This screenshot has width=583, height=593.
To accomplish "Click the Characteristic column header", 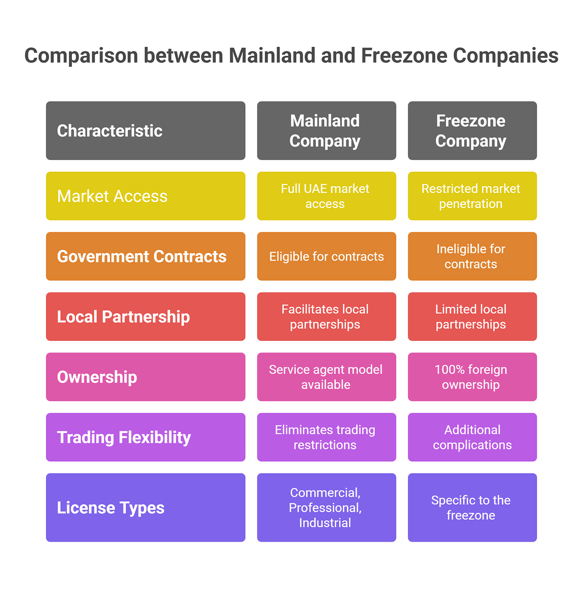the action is [x=146, y=131].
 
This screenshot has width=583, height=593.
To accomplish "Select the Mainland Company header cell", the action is [x=326, y=131].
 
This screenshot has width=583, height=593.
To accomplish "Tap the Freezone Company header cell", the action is [x=472, y=131].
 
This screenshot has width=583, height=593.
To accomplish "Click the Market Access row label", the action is [x=146, y=196].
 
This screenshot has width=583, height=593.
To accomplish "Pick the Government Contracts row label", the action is [x=146, y=256].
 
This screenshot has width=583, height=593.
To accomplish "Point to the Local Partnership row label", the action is [x=146, y=316].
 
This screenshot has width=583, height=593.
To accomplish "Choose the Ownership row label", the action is [x=146, y=377].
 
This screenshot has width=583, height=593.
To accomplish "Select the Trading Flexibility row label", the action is [x=146, y=437].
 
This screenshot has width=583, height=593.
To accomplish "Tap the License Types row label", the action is [x=146, y=508].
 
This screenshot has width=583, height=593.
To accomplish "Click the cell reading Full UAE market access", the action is [x=326, y=196].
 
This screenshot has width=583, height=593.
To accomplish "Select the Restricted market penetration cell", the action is [x=472, y=196].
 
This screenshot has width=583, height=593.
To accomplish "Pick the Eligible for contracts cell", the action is [x=326, y=256].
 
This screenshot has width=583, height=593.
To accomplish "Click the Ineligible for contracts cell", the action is [x=472, y=256].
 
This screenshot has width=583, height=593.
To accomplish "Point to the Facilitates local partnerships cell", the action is [x=326, y=316].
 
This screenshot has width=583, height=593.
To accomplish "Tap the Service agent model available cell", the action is [x=326, y=377].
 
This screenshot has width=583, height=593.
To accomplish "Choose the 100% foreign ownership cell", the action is [x=472, y=377].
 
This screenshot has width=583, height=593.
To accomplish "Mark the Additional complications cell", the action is [x=472, y=437].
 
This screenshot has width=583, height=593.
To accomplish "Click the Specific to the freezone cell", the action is [x=472, y=508].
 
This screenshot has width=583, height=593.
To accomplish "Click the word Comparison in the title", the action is [x=81, y=56].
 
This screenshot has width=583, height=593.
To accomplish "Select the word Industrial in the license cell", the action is [x=325, y=523].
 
